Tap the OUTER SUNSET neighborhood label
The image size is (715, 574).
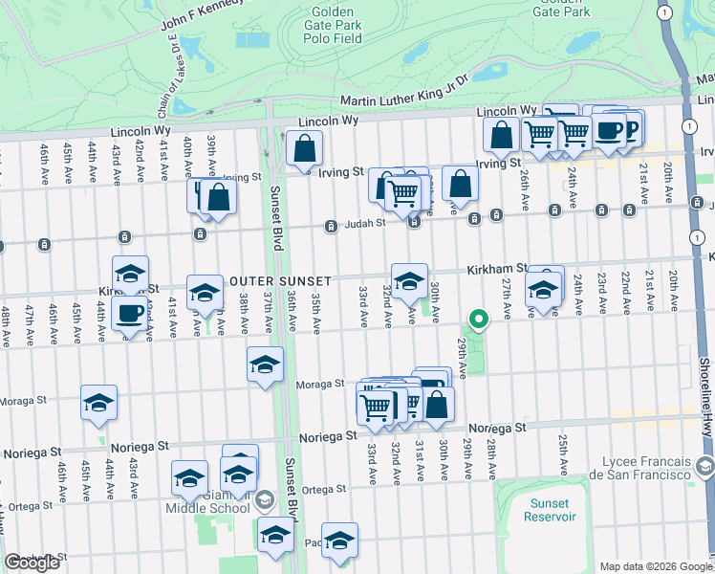coord(280,281)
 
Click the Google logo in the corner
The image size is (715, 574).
coord(32,563)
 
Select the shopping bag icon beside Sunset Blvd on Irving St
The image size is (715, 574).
coord(304,148)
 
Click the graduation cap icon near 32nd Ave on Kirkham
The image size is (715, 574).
coord(409,280)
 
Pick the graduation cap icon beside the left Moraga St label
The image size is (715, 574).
coord(98,403)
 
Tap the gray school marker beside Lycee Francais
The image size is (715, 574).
coord(705,466)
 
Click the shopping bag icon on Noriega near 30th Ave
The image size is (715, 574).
coord(437,405)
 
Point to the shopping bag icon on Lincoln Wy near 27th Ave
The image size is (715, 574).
coord(502,135)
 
